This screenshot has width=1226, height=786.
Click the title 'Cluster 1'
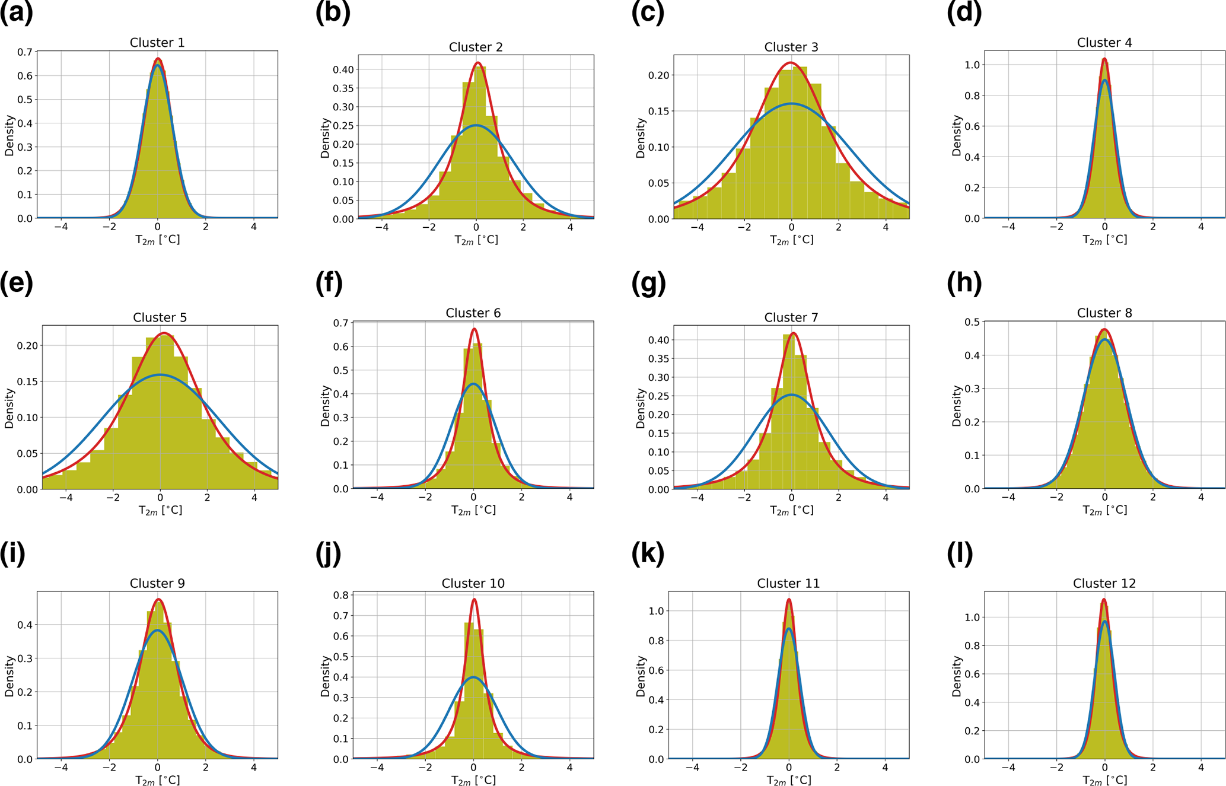(157, 43)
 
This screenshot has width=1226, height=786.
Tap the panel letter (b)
(333, 13)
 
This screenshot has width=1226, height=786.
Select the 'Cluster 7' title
(791, 317)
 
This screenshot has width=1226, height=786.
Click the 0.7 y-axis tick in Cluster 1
(25, 52)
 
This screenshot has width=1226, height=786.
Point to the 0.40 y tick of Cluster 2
(343, 69)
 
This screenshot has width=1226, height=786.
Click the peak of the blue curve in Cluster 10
(473, 677)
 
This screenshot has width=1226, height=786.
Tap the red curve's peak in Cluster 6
(473, 329)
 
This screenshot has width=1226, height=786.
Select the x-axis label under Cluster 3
(791, 240)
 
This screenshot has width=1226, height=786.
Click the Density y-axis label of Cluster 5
(9, 408)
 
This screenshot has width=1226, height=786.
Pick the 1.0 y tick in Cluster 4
(971, 65)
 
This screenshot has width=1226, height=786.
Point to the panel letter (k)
(648, 553)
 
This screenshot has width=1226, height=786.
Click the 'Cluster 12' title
(1104, 583)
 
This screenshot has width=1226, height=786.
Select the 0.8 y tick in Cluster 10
(340, 595)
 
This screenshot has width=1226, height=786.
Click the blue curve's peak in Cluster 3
(791, 104)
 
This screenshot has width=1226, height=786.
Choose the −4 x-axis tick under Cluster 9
(60, 767)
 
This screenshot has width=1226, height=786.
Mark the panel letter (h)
(964, 283)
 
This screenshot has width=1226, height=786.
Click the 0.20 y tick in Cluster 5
(28, 346)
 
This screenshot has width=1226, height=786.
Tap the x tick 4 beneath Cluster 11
(885, 767)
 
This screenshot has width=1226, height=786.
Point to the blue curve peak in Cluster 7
(791, 394)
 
